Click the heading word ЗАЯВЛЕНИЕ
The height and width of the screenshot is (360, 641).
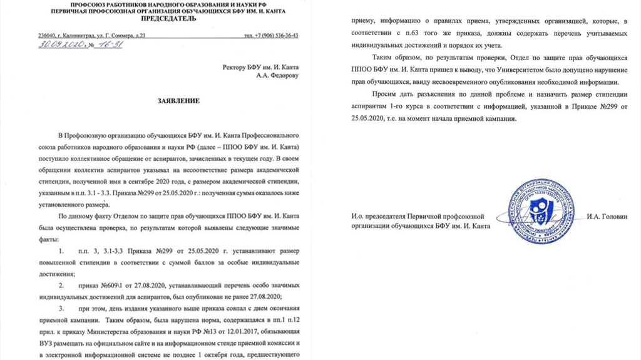click(178, 101)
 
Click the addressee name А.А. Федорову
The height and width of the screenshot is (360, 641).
click(278, 76)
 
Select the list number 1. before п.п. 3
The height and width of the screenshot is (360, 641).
click(61, 251)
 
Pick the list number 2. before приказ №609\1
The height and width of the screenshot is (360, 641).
click(61, 285)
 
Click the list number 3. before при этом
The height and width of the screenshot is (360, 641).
click(61, 309)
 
